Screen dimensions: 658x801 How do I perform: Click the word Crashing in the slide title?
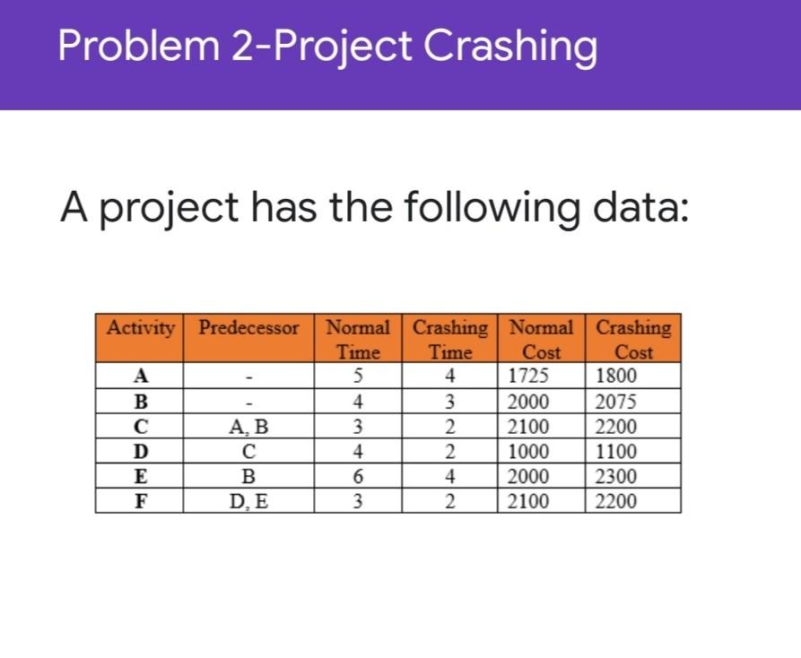[509, 47]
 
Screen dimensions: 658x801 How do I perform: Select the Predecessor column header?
[248, 328]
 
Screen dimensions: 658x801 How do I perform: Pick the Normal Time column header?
[358, 339]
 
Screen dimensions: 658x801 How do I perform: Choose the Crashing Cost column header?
[633, 339]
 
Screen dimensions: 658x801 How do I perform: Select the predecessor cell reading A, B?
[248, 426]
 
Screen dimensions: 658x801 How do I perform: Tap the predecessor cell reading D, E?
[248, 500]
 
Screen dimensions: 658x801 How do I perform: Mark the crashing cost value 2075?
[616, 401]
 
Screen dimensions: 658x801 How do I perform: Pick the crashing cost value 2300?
[616, 476]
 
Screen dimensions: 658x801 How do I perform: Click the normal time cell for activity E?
[358, 476]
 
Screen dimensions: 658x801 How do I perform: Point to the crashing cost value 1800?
[616, 376]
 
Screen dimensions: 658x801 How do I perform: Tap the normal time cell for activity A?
[358, 376]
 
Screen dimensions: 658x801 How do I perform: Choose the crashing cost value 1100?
[616, 451]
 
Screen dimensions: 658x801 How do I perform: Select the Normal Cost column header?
[542, 339]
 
